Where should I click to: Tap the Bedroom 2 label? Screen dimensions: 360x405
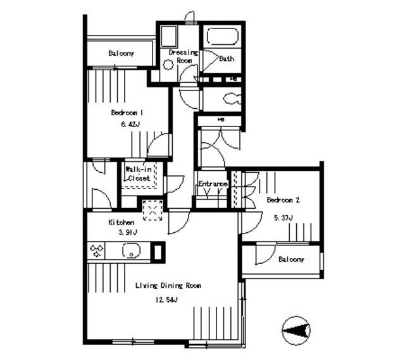coord(283,200)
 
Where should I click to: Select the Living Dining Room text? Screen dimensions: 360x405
coord(168,286)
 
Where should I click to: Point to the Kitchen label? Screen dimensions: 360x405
coord(121,223)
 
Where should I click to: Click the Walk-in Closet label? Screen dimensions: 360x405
coord(138,174)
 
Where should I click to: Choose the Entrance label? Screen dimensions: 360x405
coord(213,184)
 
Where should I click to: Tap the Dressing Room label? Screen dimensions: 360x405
coord(184,56)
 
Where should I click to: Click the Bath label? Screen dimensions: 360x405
coord(227,59)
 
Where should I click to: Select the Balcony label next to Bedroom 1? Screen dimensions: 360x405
coord(120,53)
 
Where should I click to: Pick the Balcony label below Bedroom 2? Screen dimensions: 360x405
coord(291,259)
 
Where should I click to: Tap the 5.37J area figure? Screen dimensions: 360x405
coord(282,218)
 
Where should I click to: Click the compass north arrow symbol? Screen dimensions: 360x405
coord(296,330)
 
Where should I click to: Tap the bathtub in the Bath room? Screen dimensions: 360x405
coord(222,39)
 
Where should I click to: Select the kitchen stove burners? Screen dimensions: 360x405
coord(97,251)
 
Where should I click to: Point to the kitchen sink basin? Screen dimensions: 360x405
coord(131,252)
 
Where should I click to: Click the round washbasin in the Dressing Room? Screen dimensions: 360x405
coord(168,64)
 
